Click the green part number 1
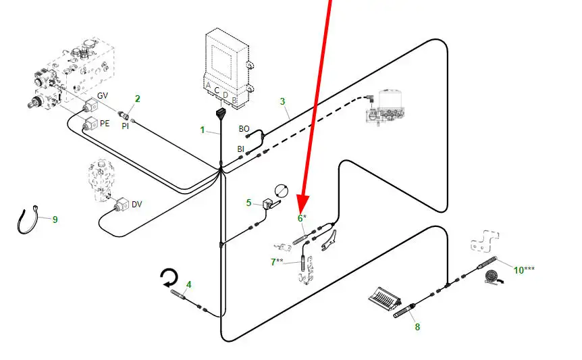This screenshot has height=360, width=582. coord(202,129)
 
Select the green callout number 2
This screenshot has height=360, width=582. coord(137,99)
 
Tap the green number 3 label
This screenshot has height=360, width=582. coord(283,102)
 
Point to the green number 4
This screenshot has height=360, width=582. coord(189,284)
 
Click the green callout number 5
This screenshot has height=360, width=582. coord(248,202)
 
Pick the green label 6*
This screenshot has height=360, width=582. coord(302,218)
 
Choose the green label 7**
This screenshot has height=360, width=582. coord(277,261)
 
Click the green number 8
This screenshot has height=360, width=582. coord(417,327)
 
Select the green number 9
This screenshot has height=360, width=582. coord(55,220)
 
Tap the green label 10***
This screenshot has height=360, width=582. coord(524,270)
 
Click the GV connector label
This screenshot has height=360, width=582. coord(103,96)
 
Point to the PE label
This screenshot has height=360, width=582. coord(105,124)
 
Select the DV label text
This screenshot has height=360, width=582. coord(137,204)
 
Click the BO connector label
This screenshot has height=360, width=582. coord(244,128)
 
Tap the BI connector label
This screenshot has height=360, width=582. coord(240,149)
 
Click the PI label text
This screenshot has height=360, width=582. coord(125,126)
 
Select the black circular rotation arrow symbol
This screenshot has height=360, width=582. coord(167,278)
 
